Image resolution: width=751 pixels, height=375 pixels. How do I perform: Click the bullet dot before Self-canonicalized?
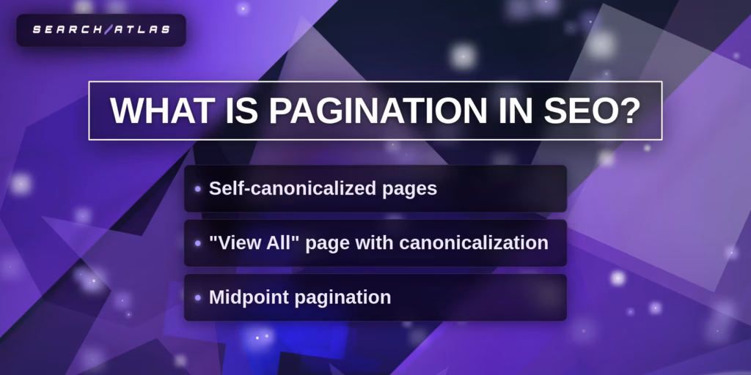pos(198,189)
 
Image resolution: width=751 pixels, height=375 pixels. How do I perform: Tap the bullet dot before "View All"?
pos(198,243)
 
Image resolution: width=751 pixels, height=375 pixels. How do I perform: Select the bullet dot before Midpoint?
pos(198,297)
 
